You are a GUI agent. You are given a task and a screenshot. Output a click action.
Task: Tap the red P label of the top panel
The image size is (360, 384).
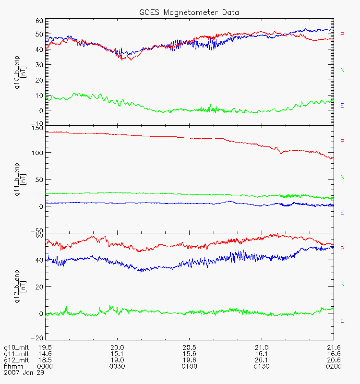[x=342, y=35]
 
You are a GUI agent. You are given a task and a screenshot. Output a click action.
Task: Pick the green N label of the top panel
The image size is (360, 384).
[x=342, y=71]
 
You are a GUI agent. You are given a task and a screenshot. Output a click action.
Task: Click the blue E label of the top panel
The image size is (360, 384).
[x=342, y=106]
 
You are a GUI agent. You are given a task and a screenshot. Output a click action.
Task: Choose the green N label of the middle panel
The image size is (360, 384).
[x=342, y=178]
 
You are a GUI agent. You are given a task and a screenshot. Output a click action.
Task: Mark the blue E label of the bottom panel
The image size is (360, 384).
[x=342, y=320]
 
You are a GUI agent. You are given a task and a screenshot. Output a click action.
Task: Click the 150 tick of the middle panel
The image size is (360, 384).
[x=37, y=128]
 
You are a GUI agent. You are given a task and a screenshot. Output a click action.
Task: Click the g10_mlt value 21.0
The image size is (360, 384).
[x=261, y=348]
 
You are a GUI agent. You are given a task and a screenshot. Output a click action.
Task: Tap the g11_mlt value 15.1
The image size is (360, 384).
[x=117, y=354]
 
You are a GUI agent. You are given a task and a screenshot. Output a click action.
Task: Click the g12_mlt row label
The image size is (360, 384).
[x=15, y=360]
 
